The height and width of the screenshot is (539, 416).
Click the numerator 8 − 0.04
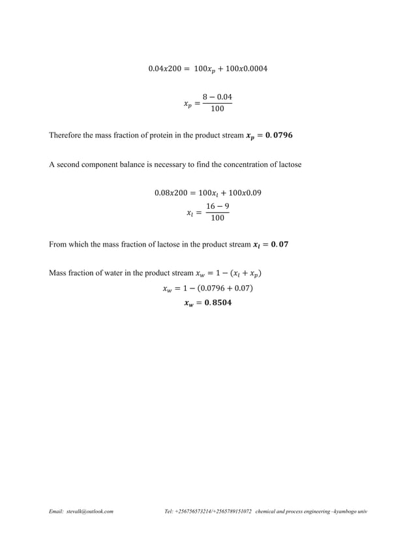[216, 97]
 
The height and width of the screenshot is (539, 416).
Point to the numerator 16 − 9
[217, 206]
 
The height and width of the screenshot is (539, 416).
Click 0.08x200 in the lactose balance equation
[170, 192]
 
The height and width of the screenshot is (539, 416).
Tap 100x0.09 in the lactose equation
[246, 192]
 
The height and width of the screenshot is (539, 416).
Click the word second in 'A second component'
[70, 165]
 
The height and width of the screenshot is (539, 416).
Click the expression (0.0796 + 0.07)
[228, 288]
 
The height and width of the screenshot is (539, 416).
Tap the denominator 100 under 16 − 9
[217, 218]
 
